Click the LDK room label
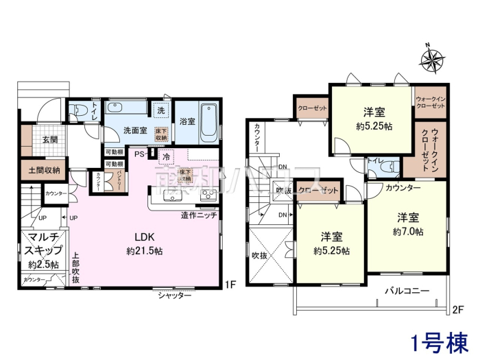(143, 237)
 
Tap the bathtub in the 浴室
(210, 121)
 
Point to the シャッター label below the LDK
(174, 295)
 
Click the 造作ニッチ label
(200, 215)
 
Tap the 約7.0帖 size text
(406, 232)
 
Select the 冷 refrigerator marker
(167, 156)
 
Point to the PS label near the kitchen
(139, 154)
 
